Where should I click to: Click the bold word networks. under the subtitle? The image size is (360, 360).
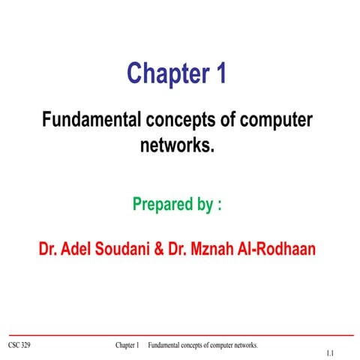coord(178,143)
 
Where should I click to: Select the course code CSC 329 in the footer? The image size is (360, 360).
coord(20,345)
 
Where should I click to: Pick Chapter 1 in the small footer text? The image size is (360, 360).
coord(127,345)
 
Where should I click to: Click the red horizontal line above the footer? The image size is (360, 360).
coord(180,335)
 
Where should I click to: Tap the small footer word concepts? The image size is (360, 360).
coord(193,345)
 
